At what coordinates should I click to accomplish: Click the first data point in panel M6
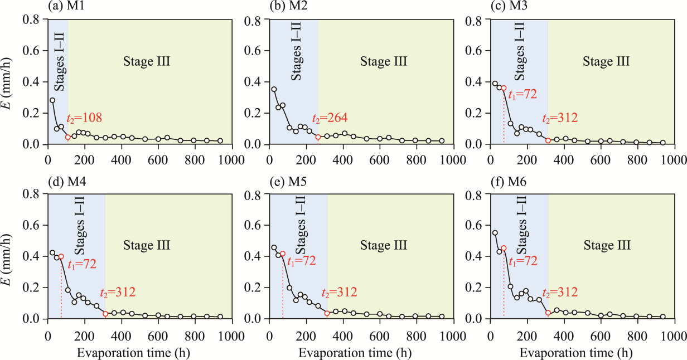click(495, 233)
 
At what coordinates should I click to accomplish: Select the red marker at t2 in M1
click(67, 137)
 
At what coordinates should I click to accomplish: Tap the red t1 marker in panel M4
click(61, 257)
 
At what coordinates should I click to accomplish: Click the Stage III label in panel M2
click(383, 61)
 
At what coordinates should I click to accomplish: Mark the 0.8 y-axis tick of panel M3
click(477, 20)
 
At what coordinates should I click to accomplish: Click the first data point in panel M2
click(274, 89)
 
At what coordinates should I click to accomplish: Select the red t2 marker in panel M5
click(327, 313)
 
